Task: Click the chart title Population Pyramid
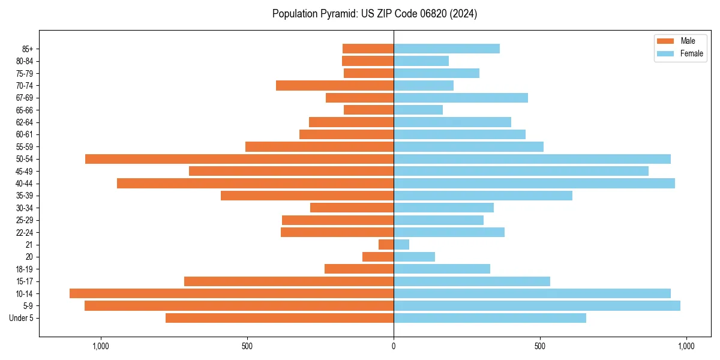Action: [x=374, y=14]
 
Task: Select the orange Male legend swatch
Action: [x=665, y=41]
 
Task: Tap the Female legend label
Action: [x=691, y=53]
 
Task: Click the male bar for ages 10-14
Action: [x=232, y=293]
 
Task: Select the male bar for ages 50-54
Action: [x=239, y=159]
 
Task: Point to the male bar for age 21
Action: [x=386, y=245]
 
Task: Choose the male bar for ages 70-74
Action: [x=335, y=86]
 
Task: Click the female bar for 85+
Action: [x=446, y=49]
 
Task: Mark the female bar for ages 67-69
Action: [x=461, y=98]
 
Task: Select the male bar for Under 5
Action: [x=280, y=318]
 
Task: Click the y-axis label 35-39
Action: [x=25, y=196]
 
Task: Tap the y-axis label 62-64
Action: [x=25, y=122]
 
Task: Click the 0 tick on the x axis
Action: [x=394, y=346]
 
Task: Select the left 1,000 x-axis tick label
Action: [x=100, y=346]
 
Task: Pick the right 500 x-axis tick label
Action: [x=540, y=346]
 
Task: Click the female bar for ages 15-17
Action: [x=472, y=281]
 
